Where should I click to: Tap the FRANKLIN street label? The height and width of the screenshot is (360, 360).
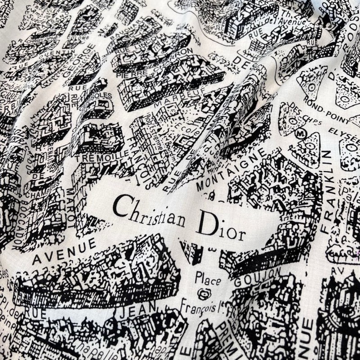point(327,191)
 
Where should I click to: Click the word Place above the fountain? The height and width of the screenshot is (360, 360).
point(207,279)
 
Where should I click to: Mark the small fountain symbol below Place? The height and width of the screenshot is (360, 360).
point(204,294)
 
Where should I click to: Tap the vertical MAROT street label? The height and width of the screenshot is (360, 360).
point(71,207)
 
